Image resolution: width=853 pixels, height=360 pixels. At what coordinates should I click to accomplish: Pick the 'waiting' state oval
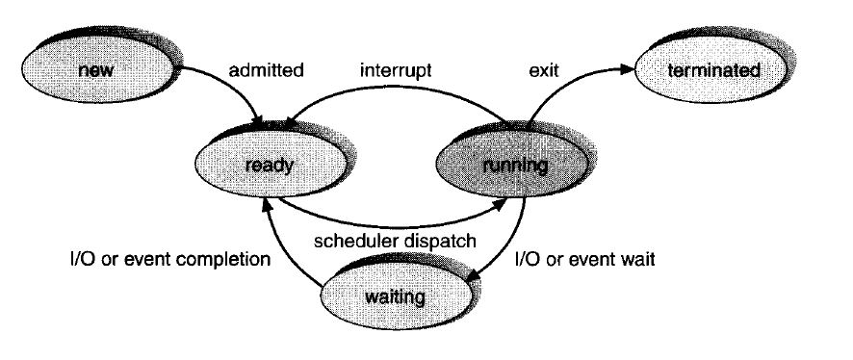[396, 295]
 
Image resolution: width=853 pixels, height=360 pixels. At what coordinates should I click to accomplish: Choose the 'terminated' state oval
[711, 70]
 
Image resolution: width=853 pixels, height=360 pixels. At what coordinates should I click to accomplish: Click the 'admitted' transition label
[267, 70]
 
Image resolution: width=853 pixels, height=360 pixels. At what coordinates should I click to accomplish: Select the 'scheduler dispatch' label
[397, 242]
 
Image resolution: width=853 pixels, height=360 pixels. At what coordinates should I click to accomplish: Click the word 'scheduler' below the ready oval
[351, 242]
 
